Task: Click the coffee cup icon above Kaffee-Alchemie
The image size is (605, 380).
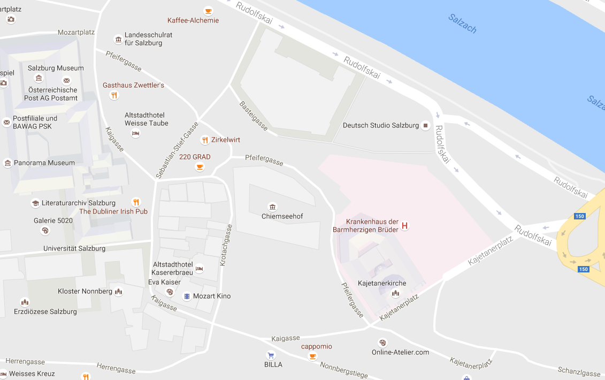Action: (x=208, y=11)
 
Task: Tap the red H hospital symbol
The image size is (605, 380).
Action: (x=404, y=226)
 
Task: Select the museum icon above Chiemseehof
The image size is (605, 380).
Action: (x=273, y=207)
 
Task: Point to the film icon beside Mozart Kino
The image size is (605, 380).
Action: (x=187, y=296)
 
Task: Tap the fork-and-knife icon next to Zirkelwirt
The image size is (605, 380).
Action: (x=204, y=140)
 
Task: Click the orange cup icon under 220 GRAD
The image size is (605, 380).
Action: (x=200, y=167)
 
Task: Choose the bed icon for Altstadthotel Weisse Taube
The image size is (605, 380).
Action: (x=135, y=133)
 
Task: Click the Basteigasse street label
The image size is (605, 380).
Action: (x=254, y=116)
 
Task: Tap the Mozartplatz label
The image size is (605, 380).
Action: (x=76, y=32)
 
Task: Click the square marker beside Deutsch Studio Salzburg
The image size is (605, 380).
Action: (x=426, y=126)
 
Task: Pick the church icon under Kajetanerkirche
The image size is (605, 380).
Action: (x=395, y=293)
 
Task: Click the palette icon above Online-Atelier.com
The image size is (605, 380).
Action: (x=382, y=343)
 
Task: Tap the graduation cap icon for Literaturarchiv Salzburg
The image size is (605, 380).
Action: (x=35, y=203)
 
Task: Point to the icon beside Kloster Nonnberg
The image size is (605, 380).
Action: (x=119, y=292)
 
